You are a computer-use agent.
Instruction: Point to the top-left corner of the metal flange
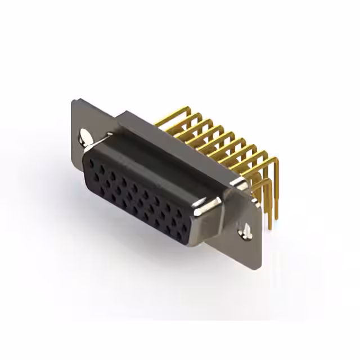(x=74, y=101)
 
